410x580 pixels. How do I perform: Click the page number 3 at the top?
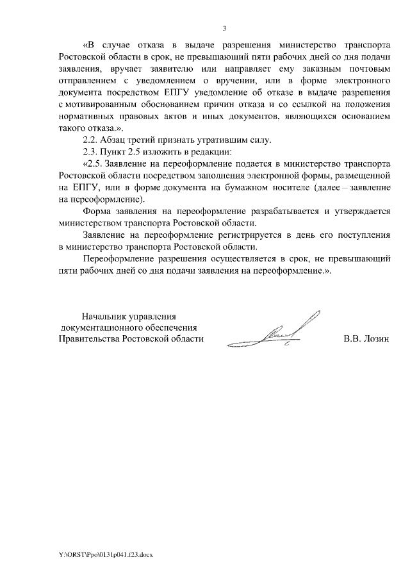pos(224,28)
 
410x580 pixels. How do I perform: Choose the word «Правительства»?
pos(88,338)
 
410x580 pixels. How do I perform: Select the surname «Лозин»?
pos(375,338)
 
